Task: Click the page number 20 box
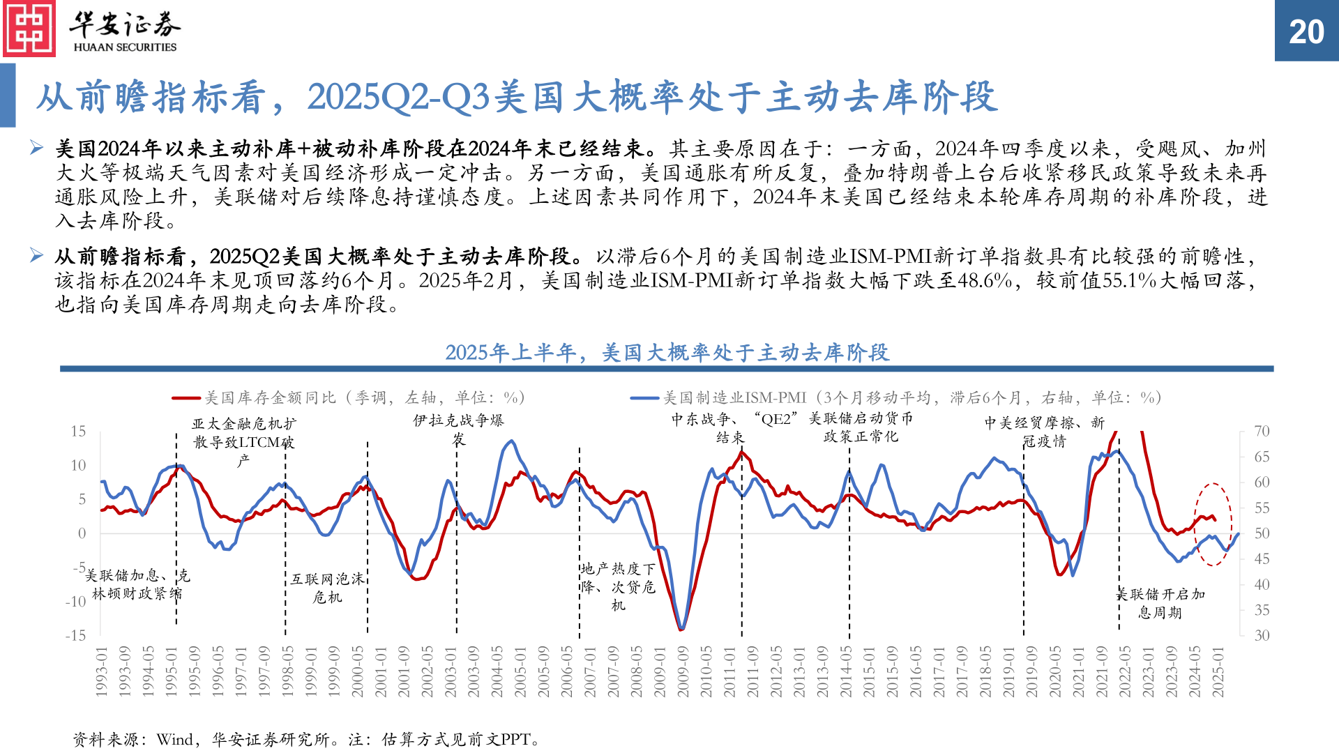point(1306,31)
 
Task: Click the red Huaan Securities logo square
point(29,29)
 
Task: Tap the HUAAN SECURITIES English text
point(125,47)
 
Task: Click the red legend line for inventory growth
point(186,398)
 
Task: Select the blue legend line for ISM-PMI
point(644,398)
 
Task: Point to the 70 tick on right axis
point(1262,431)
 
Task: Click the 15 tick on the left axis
point(78,431)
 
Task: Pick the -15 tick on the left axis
point(75,635)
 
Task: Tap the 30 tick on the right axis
point(1262,635)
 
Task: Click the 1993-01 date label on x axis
point(102,671)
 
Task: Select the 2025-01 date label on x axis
point(1218,671)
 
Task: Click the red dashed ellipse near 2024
point(1213,524)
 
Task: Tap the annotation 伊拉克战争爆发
point(458,429)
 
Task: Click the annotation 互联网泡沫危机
point(327,588)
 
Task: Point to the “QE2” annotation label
point(776,419)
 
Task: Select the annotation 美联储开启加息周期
point(1160,603)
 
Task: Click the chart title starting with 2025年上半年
point(667,353)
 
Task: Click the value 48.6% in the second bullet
point(985,280)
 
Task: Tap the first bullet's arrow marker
point(37,148)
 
